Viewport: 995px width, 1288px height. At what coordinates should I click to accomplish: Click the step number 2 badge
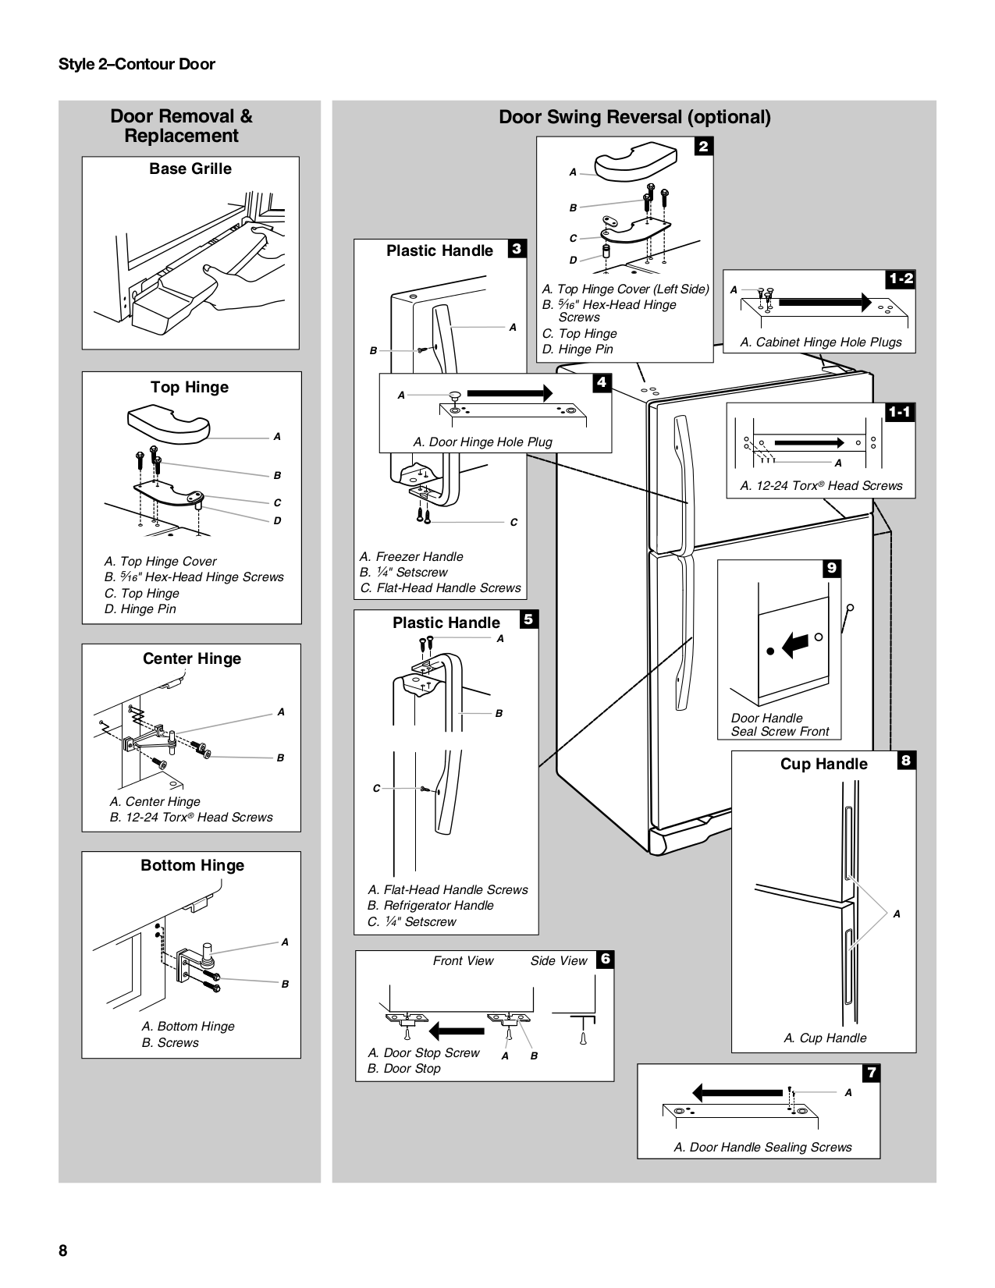(703, 146)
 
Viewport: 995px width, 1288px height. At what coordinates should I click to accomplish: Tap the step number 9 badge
(832, 569)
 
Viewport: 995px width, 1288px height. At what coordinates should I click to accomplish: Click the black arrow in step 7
(737, 1092)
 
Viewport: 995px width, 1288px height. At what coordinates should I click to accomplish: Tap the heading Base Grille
(190, 169)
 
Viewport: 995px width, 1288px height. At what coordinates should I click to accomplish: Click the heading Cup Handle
(823, 764)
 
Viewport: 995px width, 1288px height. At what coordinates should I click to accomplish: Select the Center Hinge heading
(192, 658)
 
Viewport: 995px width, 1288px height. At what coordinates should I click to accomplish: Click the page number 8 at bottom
(63, 1251)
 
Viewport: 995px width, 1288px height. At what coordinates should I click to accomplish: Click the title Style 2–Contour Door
(137, 64)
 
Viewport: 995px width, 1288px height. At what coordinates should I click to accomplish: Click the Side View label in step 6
(559, 960)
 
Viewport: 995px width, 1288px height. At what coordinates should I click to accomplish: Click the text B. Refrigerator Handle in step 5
(430, 905)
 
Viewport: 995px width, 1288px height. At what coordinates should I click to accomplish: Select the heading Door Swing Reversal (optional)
(634, 117)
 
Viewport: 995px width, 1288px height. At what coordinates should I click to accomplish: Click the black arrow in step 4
(510, 392)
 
